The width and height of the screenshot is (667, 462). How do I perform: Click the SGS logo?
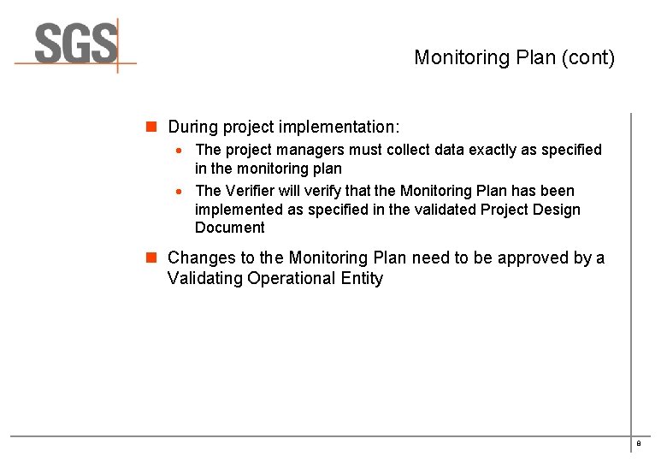pos(75,44)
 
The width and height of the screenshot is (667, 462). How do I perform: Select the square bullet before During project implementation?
pos(151,127)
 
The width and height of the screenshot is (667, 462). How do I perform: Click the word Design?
pos(558,210)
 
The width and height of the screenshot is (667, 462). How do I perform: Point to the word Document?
pos(229,228)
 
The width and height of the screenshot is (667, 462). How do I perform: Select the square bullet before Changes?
pos(151,258)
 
